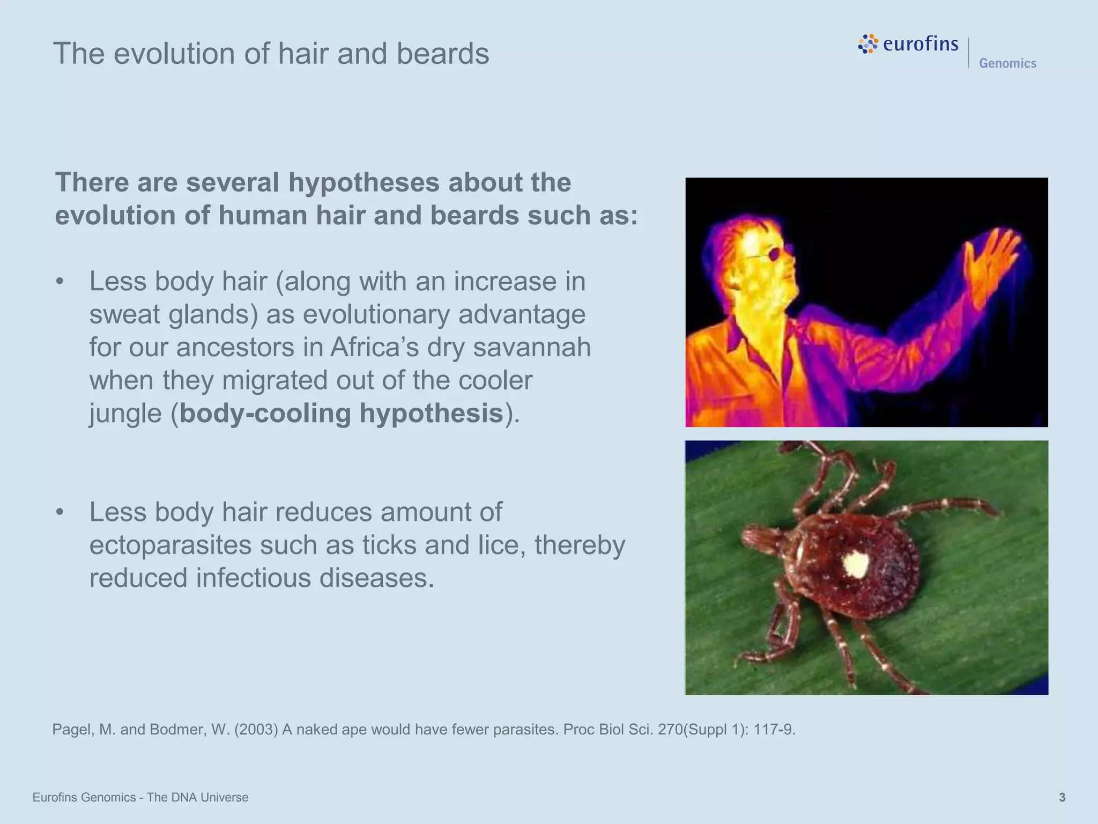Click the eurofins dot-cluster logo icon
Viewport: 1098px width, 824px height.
[x=868, y=44]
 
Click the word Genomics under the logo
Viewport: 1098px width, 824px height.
[x=1007, y=63]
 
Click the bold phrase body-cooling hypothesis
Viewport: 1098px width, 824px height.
[x=341, y=414]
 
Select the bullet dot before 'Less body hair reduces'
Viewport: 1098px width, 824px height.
[x=60, y=512]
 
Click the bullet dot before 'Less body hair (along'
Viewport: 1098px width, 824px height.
[x=60, y=282]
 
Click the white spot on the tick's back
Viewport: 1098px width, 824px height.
[x=856, y=564]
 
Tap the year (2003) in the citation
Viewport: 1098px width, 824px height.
[x=256, y=730]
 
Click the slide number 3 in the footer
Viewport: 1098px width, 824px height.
[x=1062, y=798]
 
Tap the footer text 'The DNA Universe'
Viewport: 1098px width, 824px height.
[x=197, y=798]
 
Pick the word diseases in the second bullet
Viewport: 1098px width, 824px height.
[x=376, y=578]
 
